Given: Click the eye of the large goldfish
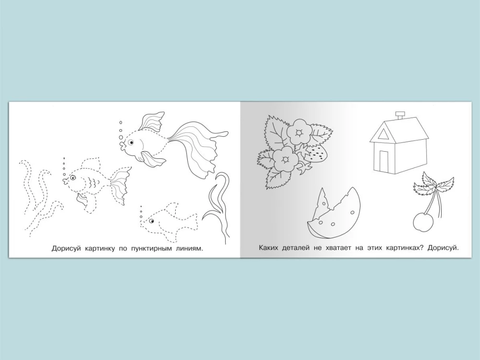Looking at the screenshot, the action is pyautogui.click(x=131, y=143).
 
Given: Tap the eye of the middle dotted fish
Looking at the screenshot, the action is pyautogui.click(x=73, y=177).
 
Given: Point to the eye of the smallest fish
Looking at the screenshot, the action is pyautogui.click(x=151, y=221).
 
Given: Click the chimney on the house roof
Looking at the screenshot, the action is pyautogui.click(x=399, y=116).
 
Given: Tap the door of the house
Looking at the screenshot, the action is pyautogui.click(x=384, y=161).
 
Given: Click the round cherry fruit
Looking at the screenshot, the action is pyautogui.click(x=423, y=222).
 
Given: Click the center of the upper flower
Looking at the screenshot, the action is pyautogui.click(x=299, y=132).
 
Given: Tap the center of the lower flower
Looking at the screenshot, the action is pyautogui.click(x=286, y=159).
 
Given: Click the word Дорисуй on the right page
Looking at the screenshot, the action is pyautogui.click(x=443, y=248).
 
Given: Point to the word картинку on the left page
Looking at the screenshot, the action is pyautogui.click(x=99, y=249).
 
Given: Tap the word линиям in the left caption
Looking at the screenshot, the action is pyautogui.click(x=192, y=249).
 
